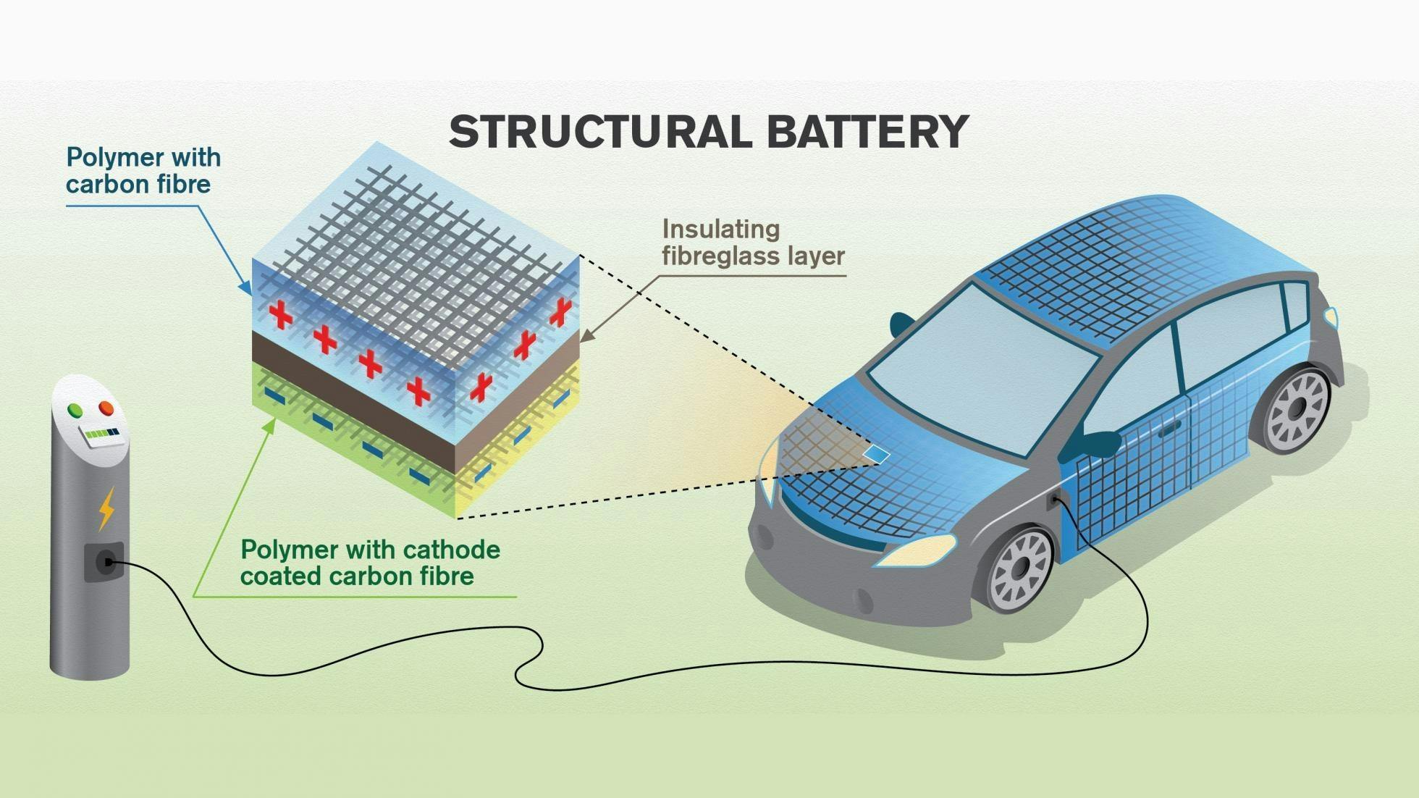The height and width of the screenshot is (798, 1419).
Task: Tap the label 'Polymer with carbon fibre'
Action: pyautogui.click(x=143, y=171)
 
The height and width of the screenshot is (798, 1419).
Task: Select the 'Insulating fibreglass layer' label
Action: pyautogui.click(x=753, y=243)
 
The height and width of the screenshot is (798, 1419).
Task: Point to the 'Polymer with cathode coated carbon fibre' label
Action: pyautogui.click(x=370, y=563)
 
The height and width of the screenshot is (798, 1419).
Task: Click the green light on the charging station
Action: pyautogui.click(x=75, y=410)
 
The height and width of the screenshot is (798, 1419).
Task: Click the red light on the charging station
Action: pyautogui.click(x=106, y=408)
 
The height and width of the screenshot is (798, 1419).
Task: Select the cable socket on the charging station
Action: pyautogui.click(x=106, y=561)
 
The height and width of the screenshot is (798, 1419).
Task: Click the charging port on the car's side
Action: pyautogui.click(x=1054, y=500)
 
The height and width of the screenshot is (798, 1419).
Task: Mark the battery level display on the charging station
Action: pyautogui.click(x=101, y=435)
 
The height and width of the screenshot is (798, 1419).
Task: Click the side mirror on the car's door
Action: pyautogui.click(x=1096, y=442)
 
